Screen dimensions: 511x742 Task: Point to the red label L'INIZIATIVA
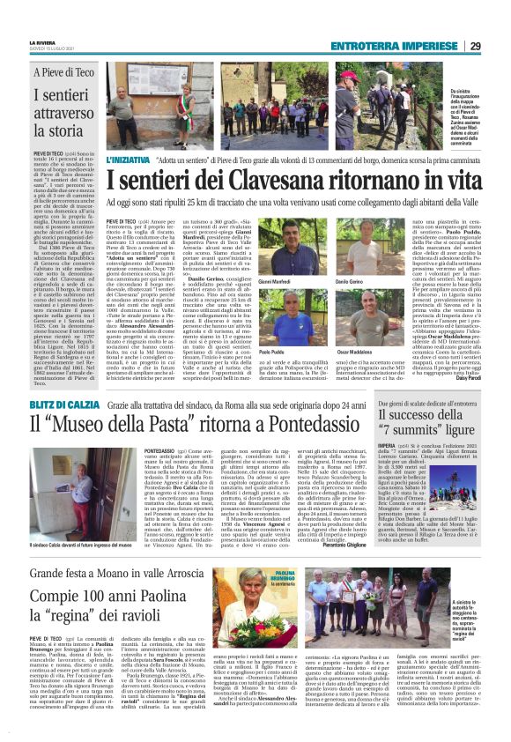[127, 162]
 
